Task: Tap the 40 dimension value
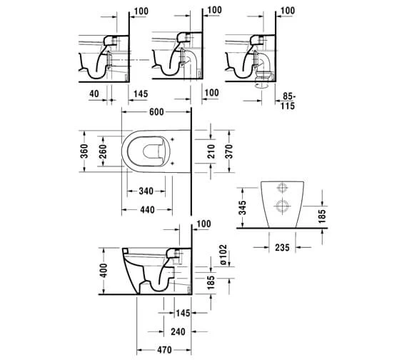coord(95,93)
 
